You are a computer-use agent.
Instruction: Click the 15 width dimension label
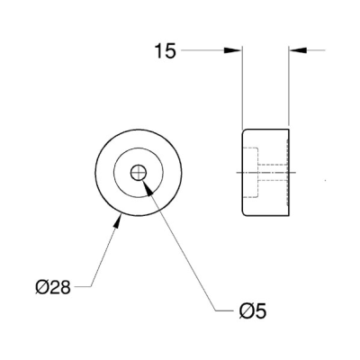[166, 51]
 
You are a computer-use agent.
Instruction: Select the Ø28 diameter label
[53, 287]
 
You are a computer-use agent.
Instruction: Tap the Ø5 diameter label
[253, 310]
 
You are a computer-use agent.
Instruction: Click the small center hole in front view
[139, 173]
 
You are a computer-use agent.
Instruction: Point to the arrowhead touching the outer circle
[119, 221]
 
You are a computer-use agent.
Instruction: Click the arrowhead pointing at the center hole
[148, 187]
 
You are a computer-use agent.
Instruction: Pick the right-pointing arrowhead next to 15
[232, 50]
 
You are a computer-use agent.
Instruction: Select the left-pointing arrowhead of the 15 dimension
[297, 50]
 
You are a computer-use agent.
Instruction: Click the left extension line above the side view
[242, 87]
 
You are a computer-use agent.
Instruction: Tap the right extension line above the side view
[288, 85]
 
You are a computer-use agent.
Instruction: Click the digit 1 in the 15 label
[159, 51]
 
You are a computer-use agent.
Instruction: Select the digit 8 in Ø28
[65, 287]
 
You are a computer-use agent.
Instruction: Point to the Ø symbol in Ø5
[246, 310]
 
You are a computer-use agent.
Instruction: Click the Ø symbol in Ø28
[41, 287]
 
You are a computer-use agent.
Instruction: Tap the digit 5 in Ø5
[261, 310]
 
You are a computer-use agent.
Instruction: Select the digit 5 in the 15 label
[170, 51]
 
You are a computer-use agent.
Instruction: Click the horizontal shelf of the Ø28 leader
[82, 287]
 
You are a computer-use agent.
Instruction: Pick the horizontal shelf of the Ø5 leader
[225, 310]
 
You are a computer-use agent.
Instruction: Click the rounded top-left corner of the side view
[244, 131]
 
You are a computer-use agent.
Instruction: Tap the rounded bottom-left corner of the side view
[244, 213]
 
